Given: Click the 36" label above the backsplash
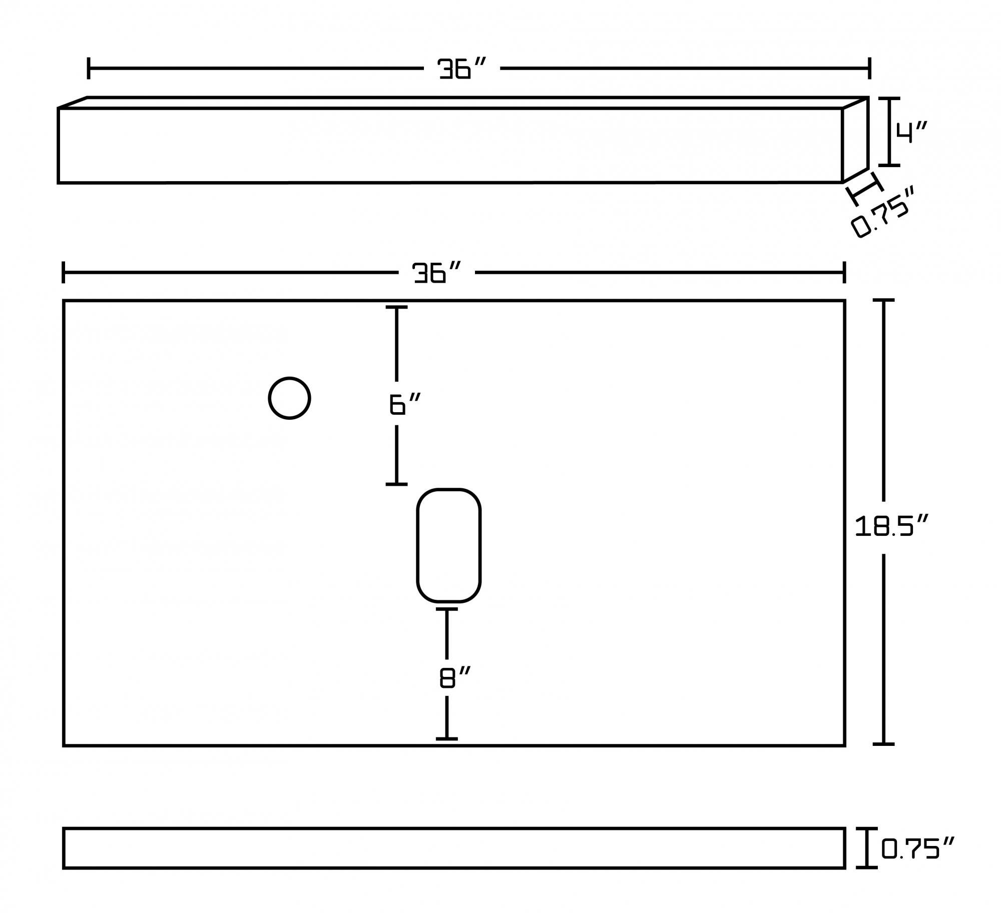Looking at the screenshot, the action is coord(461,69).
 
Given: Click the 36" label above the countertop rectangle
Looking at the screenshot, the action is coord(436,273).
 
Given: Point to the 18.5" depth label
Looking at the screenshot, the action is coord(891,526).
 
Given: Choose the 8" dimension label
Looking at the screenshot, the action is coord(455,677).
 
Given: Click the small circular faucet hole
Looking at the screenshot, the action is coord(289,398).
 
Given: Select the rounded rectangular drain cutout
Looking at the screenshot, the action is coord(448,545).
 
